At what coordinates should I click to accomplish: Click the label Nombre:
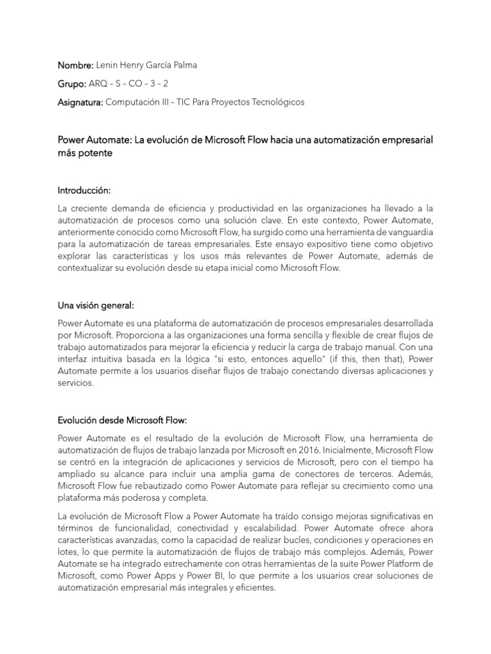click(x=75, y=66)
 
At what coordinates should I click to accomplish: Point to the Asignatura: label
click(x=80, y=102)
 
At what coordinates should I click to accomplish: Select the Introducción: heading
click(x=84, y=190)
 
